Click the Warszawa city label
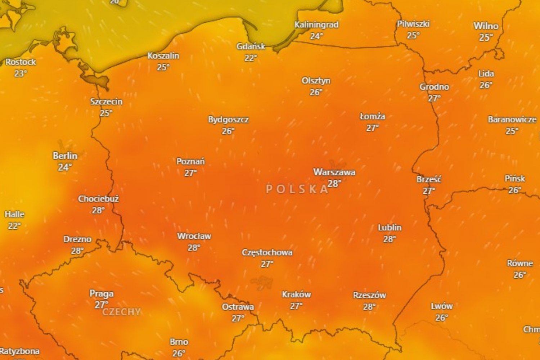point(334,172)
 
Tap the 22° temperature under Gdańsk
point(251,58)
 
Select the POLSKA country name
point(297,189)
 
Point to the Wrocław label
point(194,236)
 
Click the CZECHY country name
point(121,312)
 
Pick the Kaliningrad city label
point(316,25)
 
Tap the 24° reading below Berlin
point(65,167)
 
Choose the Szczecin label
point(106,102)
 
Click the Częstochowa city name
point(267,252)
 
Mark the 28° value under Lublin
point(389,239)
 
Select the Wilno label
point(486,26)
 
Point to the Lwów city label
point(442,306)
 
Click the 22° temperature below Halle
point(14,226)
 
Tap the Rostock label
point(21,62)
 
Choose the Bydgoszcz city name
point(228,120)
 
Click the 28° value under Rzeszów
point(369,307)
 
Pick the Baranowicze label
point(512,120)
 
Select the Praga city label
point(102,294)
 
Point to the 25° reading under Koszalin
point(163,67)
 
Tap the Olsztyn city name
point(316,81)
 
